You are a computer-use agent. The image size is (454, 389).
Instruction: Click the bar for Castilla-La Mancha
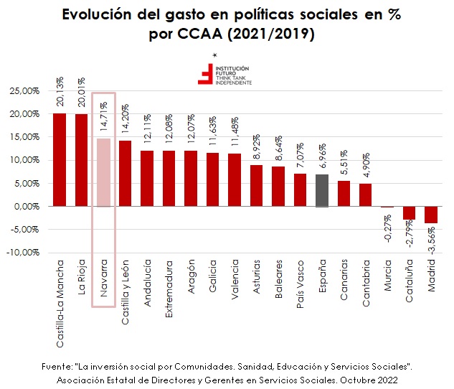60,159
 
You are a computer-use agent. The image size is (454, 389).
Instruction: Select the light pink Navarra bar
104,172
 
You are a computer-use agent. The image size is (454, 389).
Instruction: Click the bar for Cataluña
409,212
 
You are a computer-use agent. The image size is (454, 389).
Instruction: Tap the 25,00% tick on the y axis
24,91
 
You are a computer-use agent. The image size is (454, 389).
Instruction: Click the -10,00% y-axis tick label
24,253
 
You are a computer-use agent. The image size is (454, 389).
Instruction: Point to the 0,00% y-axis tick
27,207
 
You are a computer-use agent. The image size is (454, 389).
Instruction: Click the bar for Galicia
213,179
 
